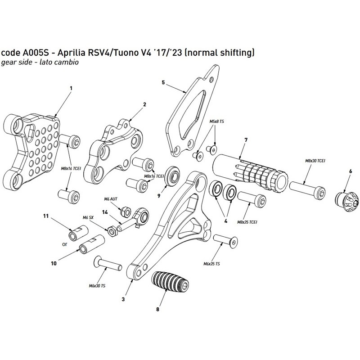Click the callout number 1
tap(71, 88)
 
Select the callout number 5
tap(163, 82)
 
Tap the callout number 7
tap(246, 140)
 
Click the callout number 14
tap(105, 212)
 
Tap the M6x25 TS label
tap(211, 263)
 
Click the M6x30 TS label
tap(97, 286)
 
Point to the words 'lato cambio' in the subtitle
tap(62, 63)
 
